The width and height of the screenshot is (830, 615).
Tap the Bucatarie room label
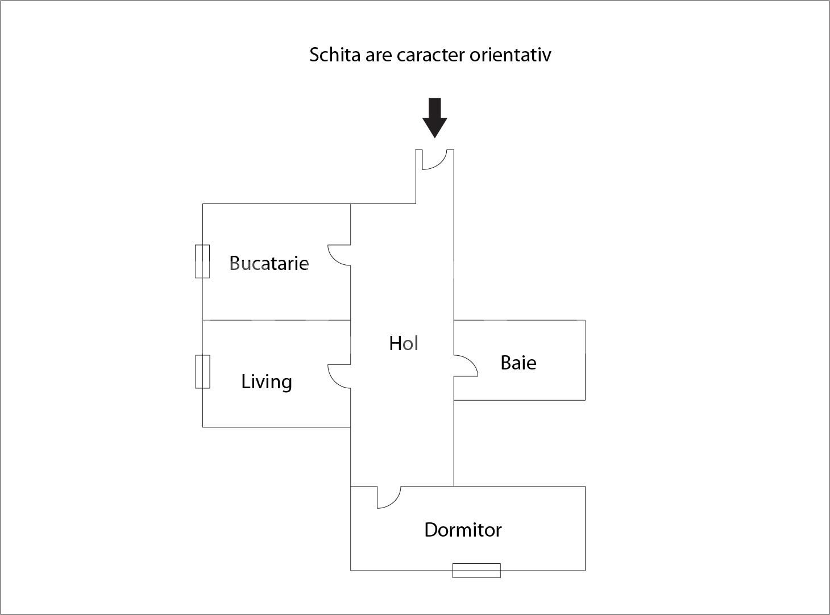pos(269,263)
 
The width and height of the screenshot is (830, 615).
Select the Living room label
pos(267,381)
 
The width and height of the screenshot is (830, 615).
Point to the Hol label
pos(404,343)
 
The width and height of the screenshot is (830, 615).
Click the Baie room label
pos(518,363)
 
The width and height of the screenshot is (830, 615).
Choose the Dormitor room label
pos(463,530)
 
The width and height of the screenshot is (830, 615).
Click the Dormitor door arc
pos(392,500)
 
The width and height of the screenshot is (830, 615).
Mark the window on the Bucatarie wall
pos(202,261)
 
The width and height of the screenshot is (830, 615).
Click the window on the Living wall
pos(202,372)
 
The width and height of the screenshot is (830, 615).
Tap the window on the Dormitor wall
pos(476,570)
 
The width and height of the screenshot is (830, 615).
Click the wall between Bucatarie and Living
pos(276,320)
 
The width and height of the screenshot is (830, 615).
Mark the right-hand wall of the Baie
pos(585,360)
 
